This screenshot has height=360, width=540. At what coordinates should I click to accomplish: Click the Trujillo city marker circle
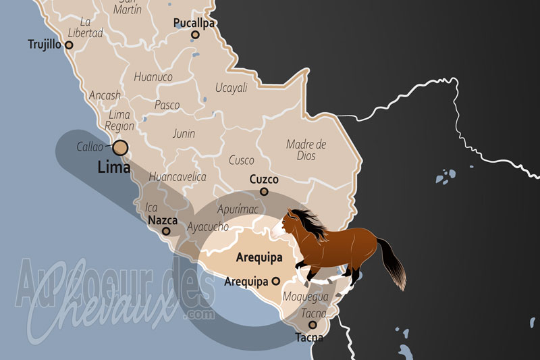pos(68,45)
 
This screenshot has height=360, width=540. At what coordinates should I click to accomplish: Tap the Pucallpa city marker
pos(195,34)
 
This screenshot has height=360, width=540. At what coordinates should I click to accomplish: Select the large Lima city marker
pos(121,147)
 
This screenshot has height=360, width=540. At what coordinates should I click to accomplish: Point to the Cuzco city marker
pos(264,192)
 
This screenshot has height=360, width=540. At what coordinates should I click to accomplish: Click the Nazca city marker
pos(166,231)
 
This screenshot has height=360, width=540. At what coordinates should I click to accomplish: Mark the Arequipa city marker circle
pos(275,281)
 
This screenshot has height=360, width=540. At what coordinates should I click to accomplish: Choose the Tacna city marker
pos(313,325)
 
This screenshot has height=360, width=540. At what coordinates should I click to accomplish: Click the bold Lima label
pos(114,166)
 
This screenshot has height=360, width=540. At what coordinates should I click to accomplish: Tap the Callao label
pos(89,146)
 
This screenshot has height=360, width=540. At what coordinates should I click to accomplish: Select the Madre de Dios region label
pos(306,150)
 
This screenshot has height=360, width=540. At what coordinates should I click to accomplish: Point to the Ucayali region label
pos(232,88)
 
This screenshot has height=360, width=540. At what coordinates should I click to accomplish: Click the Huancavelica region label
pos(177,177)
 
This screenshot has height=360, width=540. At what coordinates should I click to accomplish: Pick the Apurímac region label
pos(238,209)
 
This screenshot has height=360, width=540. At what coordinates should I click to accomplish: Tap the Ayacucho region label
pos(209,227)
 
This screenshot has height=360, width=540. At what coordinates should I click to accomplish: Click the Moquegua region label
pos(306,297)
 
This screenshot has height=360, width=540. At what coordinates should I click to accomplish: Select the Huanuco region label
pos(153,77)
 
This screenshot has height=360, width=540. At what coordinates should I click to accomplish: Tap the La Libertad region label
pos(85,27)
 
